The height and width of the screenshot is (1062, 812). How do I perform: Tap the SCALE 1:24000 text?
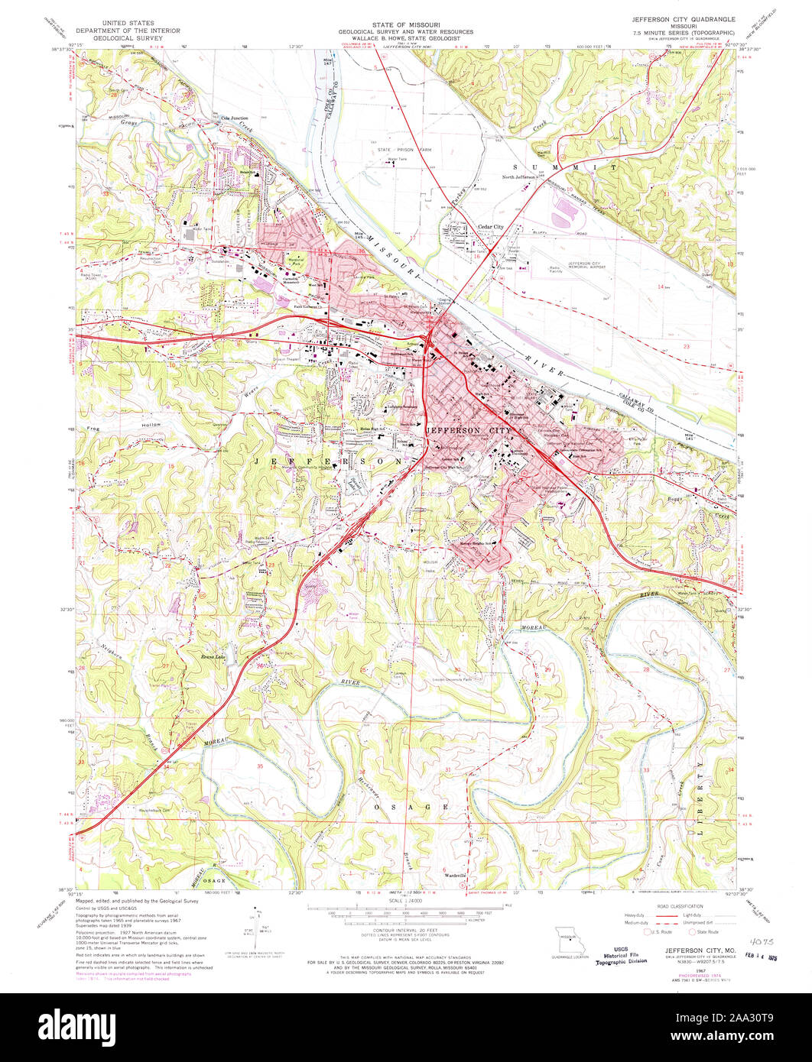click(406, 902)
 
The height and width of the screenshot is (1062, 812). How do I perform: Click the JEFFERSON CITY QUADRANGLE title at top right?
click(683, 17)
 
